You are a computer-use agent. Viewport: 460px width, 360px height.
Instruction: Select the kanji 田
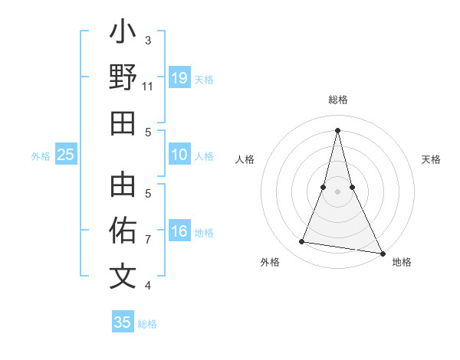tap(123, 123)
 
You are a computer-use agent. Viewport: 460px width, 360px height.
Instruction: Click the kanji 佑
tap(123, 231)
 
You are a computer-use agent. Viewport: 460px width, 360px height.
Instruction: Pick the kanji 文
tap(123, 277)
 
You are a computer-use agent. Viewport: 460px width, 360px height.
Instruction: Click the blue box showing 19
tap(179, 78)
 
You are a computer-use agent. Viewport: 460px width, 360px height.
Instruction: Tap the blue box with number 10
tap(179, 155)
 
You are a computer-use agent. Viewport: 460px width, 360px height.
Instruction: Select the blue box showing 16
tap(179, 232)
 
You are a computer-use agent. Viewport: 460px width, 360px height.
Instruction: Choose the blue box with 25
tap(66, 155)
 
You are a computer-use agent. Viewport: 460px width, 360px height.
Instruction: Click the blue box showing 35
tap(123, 322)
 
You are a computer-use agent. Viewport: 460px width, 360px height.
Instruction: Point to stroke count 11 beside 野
tap(148, 87)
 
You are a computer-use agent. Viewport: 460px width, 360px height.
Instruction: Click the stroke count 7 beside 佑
tap(148, 240)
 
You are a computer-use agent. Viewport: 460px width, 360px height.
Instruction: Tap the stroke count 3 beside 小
tap(148, 40)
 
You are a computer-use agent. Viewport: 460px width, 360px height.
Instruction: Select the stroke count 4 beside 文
tap(148, 286)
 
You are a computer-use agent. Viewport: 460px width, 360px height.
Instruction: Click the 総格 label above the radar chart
tap(337, 100)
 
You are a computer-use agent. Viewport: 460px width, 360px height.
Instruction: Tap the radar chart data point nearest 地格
tap(382, 252)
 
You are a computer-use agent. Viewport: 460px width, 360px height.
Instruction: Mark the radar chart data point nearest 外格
tap(302, 242)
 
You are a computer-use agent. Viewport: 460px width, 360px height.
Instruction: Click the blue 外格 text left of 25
tap(41, 156)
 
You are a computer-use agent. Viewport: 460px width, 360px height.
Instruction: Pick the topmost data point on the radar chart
tap(337, 129)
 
